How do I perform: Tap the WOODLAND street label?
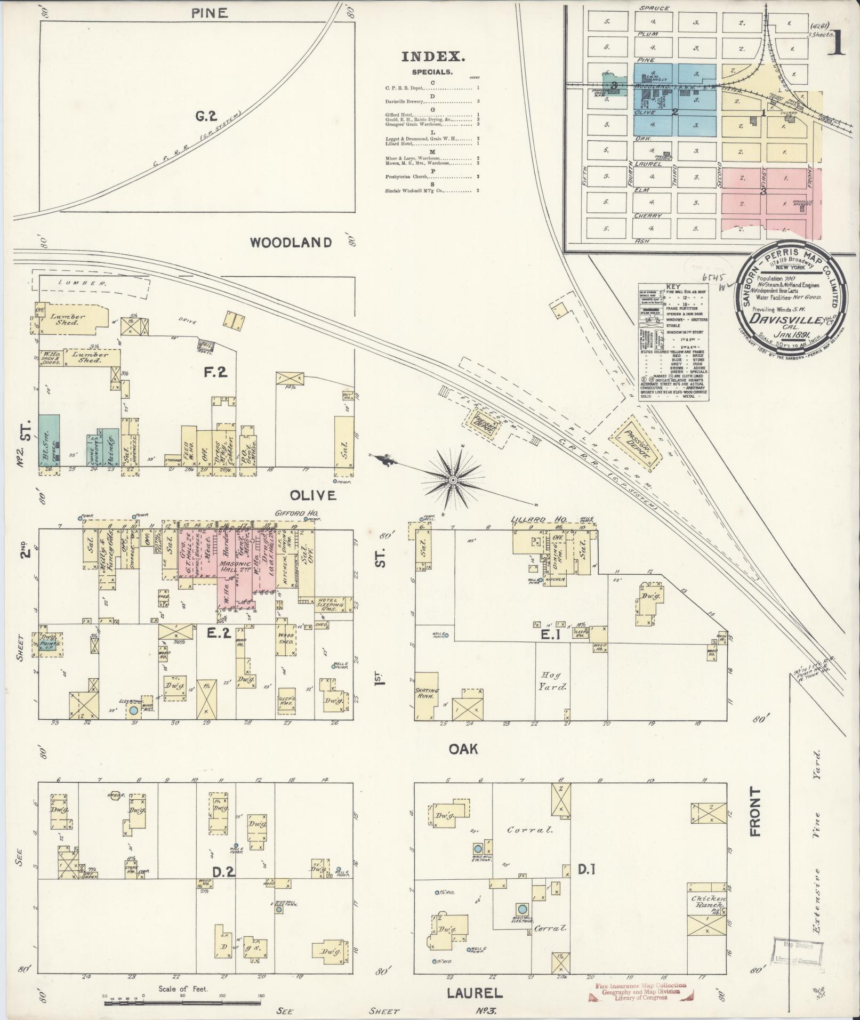tap(291, 243)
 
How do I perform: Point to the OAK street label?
tap(463, 749)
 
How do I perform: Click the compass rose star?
tap(452, 481)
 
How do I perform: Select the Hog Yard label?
tap(552, 680)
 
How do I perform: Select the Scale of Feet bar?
tap(183, 1002)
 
